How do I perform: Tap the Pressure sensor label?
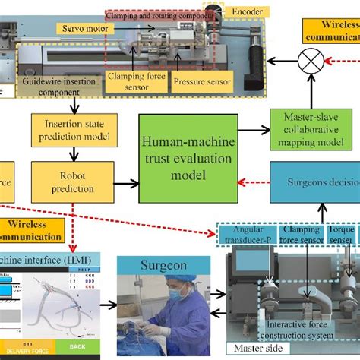(x=201, y=78)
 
